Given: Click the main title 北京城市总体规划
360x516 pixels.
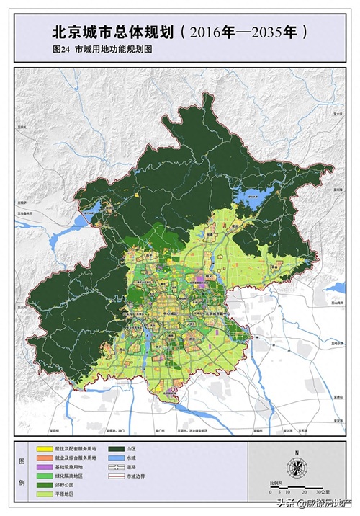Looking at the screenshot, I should click(112, 32).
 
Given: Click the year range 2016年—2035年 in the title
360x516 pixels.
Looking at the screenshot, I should click(245, 32).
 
